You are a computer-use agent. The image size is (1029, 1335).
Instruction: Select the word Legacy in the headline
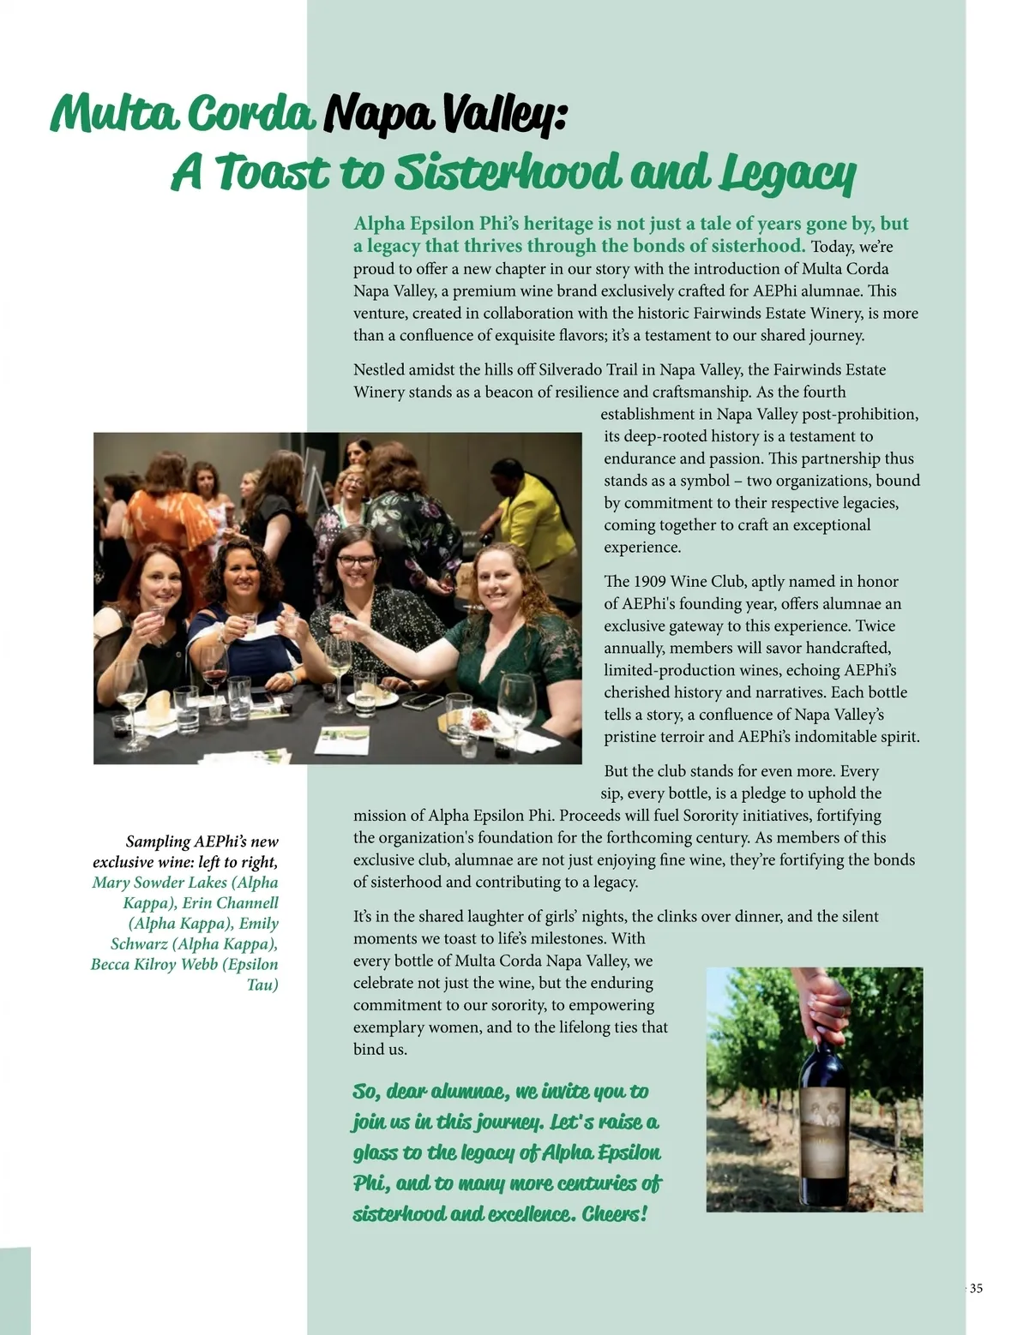787,174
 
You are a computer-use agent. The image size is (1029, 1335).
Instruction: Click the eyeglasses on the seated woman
357,561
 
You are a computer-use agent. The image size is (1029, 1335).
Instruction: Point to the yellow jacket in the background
539,514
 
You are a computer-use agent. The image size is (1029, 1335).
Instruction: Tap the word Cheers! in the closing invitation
614,1214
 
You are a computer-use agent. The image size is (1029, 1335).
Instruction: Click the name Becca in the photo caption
110,964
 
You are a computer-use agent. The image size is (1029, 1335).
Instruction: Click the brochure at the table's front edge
346,740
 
